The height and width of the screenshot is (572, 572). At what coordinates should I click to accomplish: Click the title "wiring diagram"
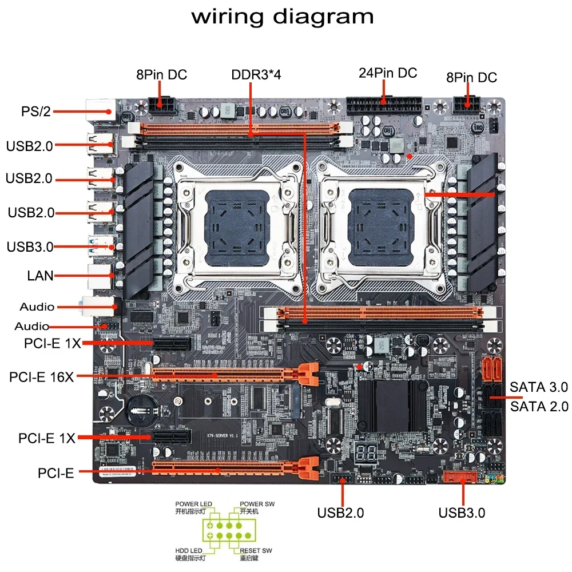tap(283, 17)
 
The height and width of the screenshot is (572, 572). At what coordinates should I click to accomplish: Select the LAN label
tap(40, 276)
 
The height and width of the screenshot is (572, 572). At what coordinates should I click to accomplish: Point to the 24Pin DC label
tap(388, 73)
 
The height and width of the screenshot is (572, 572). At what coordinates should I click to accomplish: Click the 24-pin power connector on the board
tap(384, 106)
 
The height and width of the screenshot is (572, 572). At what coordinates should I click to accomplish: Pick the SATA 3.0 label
tap(539, 387)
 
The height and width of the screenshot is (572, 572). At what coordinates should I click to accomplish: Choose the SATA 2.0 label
tap(539, 407)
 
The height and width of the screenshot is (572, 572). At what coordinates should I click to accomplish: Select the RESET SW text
tap(256, 550)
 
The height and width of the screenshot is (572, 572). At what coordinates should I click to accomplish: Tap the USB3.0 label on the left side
tap(30, 247)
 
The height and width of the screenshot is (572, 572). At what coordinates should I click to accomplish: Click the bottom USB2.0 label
tap(340, 513)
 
